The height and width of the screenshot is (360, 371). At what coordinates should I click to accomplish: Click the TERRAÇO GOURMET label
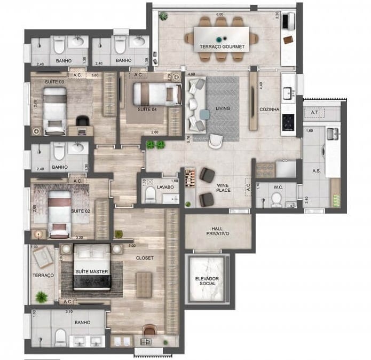[222, 47]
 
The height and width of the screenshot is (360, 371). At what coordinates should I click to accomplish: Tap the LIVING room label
[223, 108]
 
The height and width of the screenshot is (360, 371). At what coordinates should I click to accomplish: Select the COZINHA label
[270, 109]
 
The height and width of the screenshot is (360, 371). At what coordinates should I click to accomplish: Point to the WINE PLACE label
[223, 188]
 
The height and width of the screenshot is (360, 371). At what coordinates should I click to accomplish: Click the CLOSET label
[145, 258]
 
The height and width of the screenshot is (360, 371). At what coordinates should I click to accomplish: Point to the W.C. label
[276, 186]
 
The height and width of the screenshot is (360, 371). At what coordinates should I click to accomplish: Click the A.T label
[314, 112]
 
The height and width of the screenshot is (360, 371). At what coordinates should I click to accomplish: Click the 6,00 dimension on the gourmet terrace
[220, 14]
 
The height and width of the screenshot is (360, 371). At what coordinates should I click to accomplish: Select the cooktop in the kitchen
[288, 122]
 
